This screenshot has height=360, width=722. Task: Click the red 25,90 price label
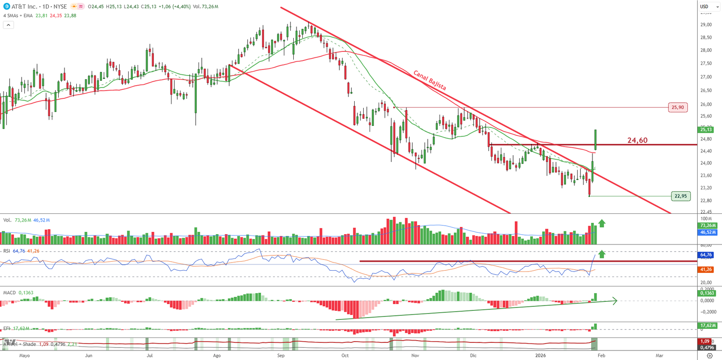tap(677, 107)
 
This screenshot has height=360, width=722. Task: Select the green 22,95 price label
tap(680, 196)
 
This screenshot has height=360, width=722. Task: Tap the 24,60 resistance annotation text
tap(637, 140)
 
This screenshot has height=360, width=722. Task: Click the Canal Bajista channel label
tap(430, 80)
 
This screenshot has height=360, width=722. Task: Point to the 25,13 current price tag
tap(706, 130)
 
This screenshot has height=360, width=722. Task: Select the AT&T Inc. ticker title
tap(24, 7)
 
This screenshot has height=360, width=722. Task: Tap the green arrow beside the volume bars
tap(602, 223)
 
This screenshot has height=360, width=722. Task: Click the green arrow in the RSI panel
tap(602, 254)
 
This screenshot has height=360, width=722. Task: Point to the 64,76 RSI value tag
tap(706, 255)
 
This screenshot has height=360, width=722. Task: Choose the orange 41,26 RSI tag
tap(706, 270)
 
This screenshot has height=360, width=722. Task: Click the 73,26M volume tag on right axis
tap(708, 226)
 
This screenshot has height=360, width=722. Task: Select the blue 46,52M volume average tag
tap(708, 232)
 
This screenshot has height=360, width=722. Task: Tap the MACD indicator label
tap(9, 293)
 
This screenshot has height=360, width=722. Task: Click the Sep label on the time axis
tap(281, 355)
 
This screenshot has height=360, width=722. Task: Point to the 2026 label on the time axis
tap(540, 355)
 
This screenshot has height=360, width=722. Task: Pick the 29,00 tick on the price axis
tap(706, 25)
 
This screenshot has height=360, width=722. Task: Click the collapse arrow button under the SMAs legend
tap(9, 25)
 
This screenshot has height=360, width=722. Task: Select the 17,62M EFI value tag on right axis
tap(708, 326)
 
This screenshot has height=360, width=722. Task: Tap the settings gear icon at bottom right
tap(709, 356)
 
